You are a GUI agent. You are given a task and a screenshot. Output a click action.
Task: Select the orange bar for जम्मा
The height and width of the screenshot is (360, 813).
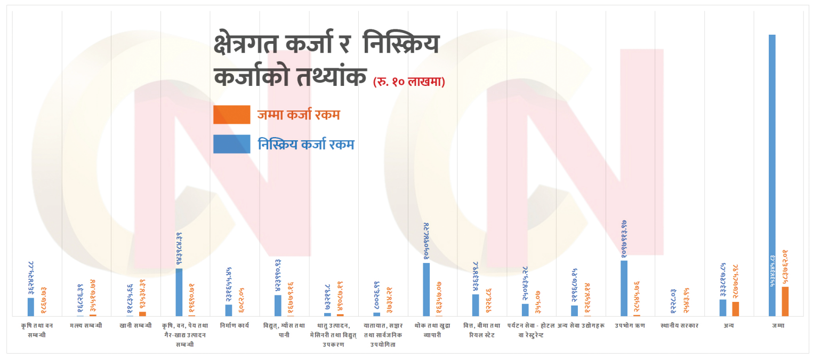coord(785,301)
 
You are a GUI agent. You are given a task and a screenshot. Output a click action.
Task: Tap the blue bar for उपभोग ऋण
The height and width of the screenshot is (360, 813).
coord(624,288)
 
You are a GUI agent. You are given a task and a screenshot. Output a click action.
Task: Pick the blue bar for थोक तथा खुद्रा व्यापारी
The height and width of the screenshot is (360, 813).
coord(426,289)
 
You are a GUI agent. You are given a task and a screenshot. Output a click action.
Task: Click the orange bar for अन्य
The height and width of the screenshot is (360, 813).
coord(735,309)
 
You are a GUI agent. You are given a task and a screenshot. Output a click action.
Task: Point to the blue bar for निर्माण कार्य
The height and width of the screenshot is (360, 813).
coord(229,310)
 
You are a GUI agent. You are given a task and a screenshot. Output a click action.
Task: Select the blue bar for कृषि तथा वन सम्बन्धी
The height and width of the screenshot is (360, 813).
coord(31,307)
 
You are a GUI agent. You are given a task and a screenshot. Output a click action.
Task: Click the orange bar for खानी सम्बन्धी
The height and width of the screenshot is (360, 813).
coord(142,314)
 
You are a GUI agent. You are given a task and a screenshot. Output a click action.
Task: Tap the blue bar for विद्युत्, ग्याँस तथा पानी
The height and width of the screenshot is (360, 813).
coord(278,306)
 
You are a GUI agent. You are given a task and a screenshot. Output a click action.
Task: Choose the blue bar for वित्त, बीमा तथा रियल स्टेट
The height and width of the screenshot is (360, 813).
coord(476,305)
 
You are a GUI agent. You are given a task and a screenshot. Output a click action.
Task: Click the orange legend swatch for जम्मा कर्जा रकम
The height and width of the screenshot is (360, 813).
coord(231,115)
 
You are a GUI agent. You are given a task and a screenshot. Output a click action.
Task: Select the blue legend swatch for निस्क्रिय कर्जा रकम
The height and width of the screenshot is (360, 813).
coord(231,144)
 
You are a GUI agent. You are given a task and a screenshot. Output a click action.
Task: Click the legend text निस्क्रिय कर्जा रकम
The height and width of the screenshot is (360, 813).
coord(306,144)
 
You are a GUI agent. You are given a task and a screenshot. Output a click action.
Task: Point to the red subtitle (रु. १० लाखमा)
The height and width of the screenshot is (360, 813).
coord(409,82)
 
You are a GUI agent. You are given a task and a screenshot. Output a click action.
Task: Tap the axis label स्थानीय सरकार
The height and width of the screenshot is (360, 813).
coord(679,325)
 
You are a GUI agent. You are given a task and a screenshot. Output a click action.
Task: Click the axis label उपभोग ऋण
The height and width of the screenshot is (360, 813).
coord(630,325)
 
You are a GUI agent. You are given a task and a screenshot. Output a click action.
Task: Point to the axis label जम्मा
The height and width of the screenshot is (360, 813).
coord(778,325)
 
